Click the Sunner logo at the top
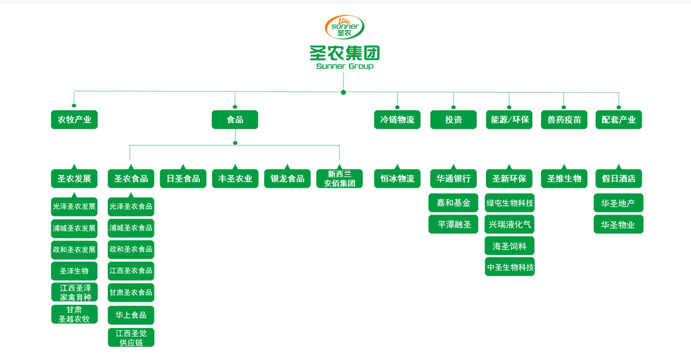[x=345, y=27]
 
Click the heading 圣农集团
[x=345, y=53]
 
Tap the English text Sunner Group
[x=345, y=66]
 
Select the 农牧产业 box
[x=74, y=120]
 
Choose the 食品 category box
[x=235, y=120]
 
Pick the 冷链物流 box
[x=397, y=120]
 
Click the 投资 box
[x=453, y=120]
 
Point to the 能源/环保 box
[x=509, y=120]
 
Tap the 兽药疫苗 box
[x=564, y=120]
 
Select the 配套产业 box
[x=619, y=120]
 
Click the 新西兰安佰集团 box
[x=339, y=179]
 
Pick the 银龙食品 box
[x=287, y=179]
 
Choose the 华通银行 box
[x=453, y=179]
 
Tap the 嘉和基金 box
[x=453, y=203]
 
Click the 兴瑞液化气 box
[x=510, y=225]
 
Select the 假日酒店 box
[x=619, y=179]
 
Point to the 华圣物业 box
[x=619, y=225]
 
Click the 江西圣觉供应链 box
[x=131, y=338]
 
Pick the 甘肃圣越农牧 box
[x=74, y=314]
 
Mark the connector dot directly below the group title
[x=344, y=92]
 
